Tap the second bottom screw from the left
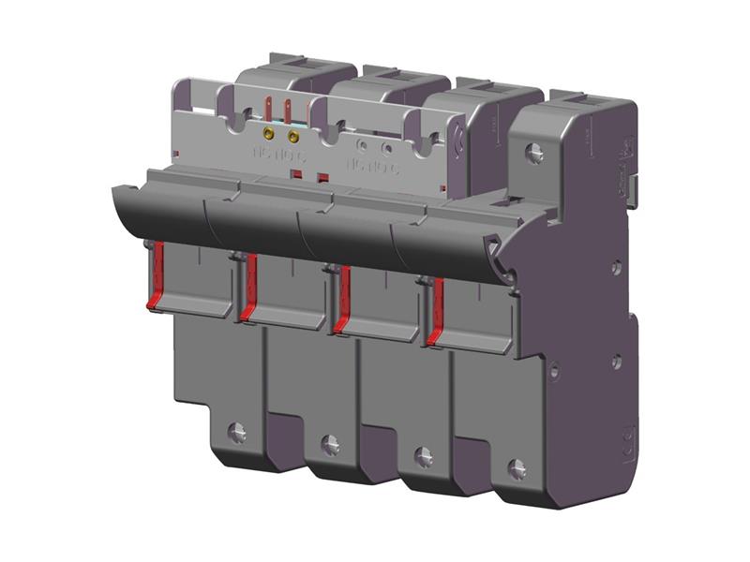click(x=330, y=444)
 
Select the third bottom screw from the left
click(x=424, y=456)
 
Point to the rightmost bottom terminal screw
click(x=517, y=468)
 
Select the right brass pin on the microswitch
click(x=293, y=137)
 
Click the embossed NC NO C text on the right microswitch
click(x=372, y=167)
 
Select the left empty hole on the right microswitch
click(x=363, y=146)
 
